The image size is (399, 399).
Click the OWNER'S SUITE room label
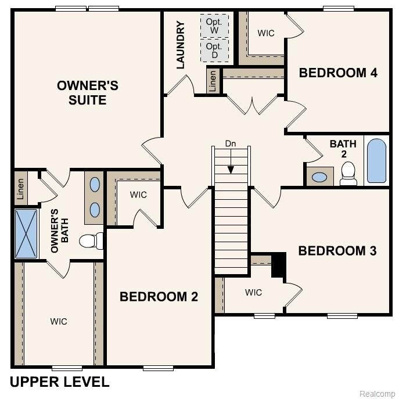87,93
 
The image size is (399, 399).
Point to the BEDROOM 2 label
159,297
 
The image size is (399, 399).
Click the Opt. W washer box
214,26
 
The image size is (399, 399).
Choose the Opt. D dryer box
214,51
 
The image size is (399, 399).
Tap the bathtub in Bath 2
376,160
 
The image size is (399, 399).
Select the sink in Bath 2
319,177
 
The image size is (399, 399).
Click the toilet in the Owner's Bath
91,239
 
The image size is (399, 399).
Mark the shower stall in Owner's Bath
25,232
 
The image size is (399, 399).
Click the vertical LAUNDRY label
181,45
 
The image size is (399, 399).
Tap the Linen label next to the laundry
213,81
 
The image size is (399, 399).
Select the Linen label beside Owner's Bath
20,189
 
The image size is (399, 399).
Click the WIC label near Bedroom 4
266,33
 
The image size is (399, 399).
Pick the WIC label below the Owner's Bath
58,321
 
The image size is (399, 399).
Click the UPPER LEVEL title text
60,382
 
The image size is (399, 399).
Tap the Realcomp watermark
378,393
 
